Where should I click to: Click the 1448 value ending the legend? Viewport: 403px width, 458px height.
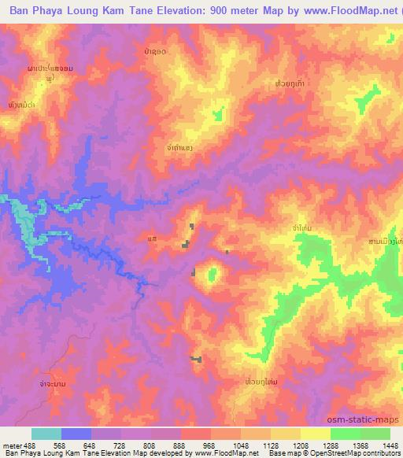pyautogui.click(x=390, y=445)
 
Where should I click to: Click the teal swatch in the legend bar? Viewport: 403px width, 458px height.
pyautogui.click(x=46, y=434)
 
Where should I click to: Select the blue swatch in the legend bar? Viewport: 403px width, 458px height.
pyautogui.click(x=76, y=434)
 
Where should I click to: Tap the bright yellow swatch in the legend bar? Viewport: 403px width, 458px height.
pyautogui.click(x=315, y=434)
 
